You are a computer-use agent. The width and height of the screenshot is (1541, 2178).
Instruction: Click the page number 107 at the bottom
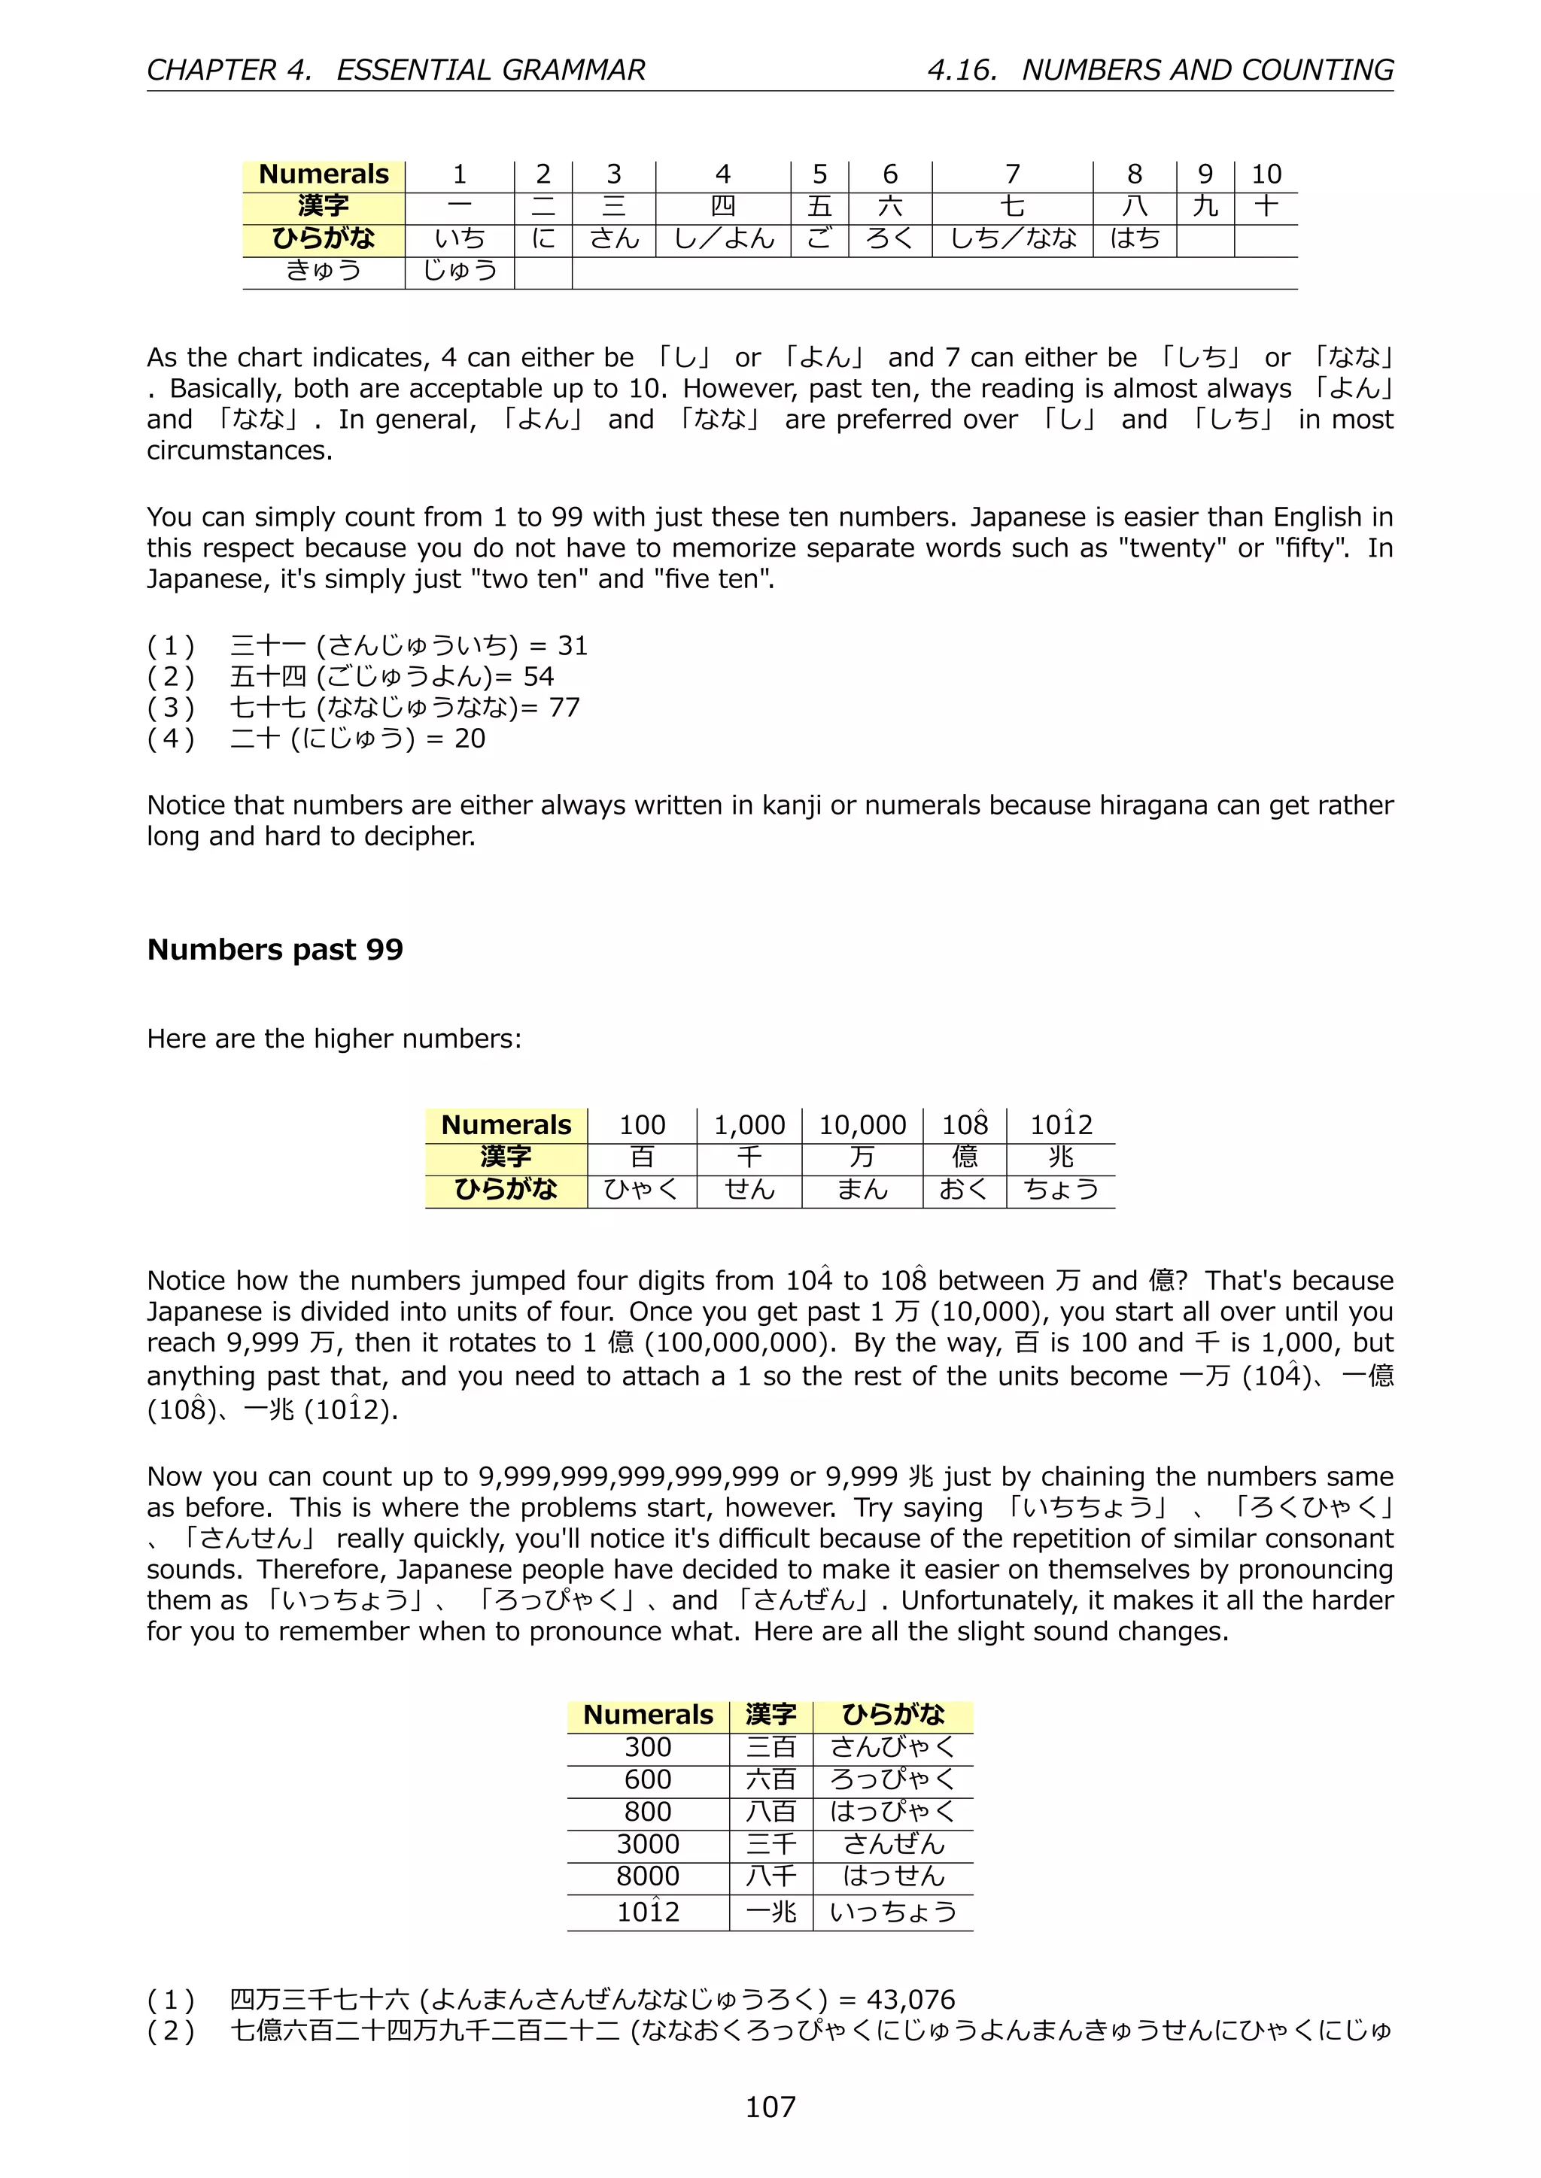(770, 2106)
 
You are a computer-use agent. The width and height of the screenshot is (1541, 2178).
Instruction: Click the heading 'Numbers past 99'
(275, 950)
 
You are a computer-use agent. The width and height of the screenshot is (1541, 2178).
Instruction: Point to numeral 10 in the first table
(1266, 174)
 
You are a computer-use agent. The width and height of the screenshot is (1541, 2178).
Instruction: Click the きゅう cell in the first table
(324, 271)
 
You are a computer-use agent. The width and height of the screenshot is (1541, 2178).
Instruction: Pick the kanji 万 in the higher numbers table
(862, 1157)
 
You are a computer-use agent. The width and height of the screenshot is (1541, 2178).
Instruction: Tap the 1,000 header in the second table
(749, 1125)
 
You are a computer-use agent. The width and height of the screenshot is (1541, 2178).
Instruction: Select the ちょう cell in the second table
(1060, 1190)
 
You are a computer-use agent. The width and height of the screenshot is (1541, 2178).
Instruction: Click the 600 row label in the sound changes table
(647, 1779)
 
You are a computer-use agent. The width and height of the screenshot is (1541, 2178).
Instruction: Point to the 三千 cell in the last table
(770, 1844)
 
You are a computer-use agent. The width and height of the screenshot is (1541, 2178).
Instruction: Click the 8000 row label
(647, 1876)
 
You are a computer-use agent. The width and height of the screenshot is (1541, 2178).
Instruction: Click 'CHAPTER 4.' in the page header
(229, 70)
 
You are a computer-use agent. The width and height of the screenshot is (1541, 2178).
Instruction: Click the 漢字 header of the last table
(770, 1715)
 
